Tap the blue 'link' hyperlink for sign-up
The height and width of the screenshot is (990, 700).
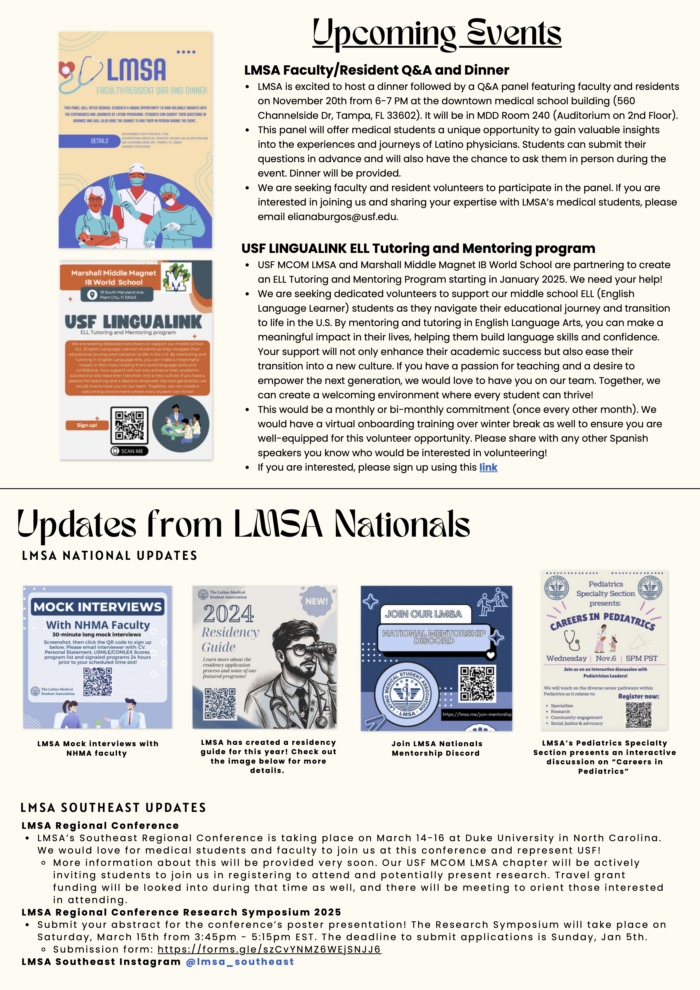point(488,467)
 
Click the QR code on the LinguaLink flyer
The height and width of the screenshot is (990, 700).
point(129,425)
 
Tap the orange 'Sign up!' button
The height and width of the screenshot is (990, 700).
point(87,425)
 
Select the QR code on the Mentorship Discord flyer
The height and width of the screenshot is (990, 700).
point(477,683)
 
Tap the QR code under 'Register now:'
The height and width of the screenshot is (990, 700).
point(638,714)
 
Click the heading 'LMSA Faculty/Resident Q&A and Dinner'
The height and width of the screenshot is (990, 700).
point(376,70)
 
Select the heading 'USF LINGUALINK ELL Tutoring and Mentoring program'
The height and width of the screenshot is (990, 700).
point(418,248)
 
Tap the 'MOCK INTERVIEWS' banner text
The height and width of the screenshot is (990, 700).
point(98,607)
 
